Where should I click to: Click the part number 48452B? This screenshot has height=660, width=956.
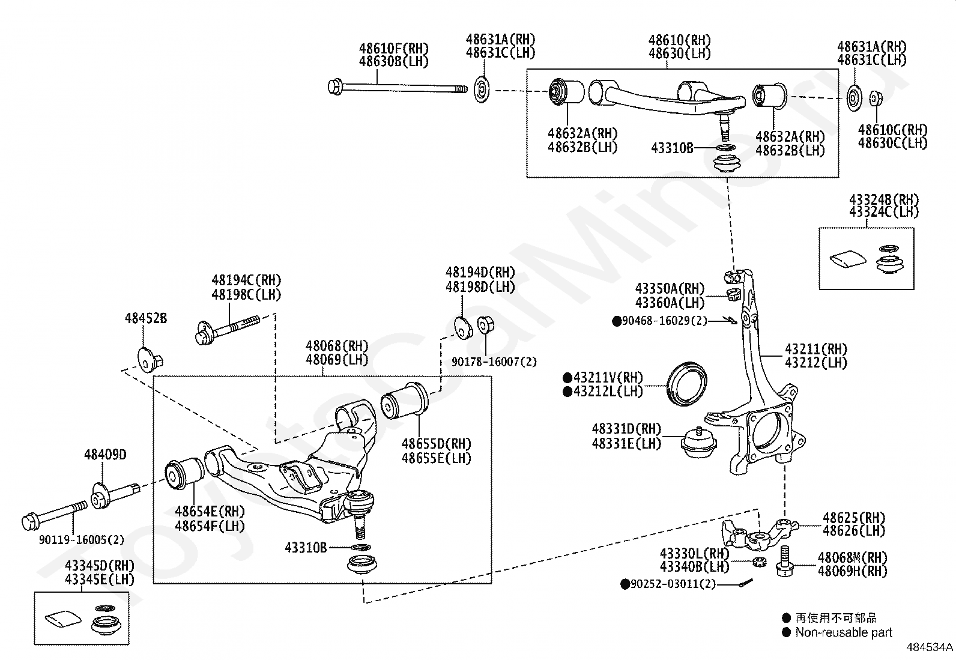click(x=146, y=318)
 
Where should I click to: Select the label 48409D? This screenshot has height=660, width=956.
click(x=105, y=455)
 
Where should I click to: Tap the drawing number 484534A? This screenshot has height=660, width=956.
click(x=930, y=647)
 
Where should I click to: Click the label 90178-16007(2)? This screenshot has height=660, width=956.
click(x=494, y=362)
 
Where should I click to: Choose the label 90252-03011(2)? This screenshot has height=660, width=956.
click(x=673, y=584)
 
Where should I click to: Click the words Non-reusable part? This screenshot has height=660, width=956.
click(x=843, y=632)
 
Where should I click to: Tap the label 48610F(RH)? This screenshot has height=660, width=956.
click(x=394, y=49)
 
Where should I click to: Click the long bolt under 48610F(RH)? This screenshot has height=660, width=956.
click(x=397, y=88)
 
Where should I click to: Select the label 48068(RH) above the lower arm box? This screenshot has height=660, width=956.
click(x=336, y=347)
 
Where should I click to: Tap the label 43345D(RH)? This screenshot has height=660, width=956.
click(x=100, y=566)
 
